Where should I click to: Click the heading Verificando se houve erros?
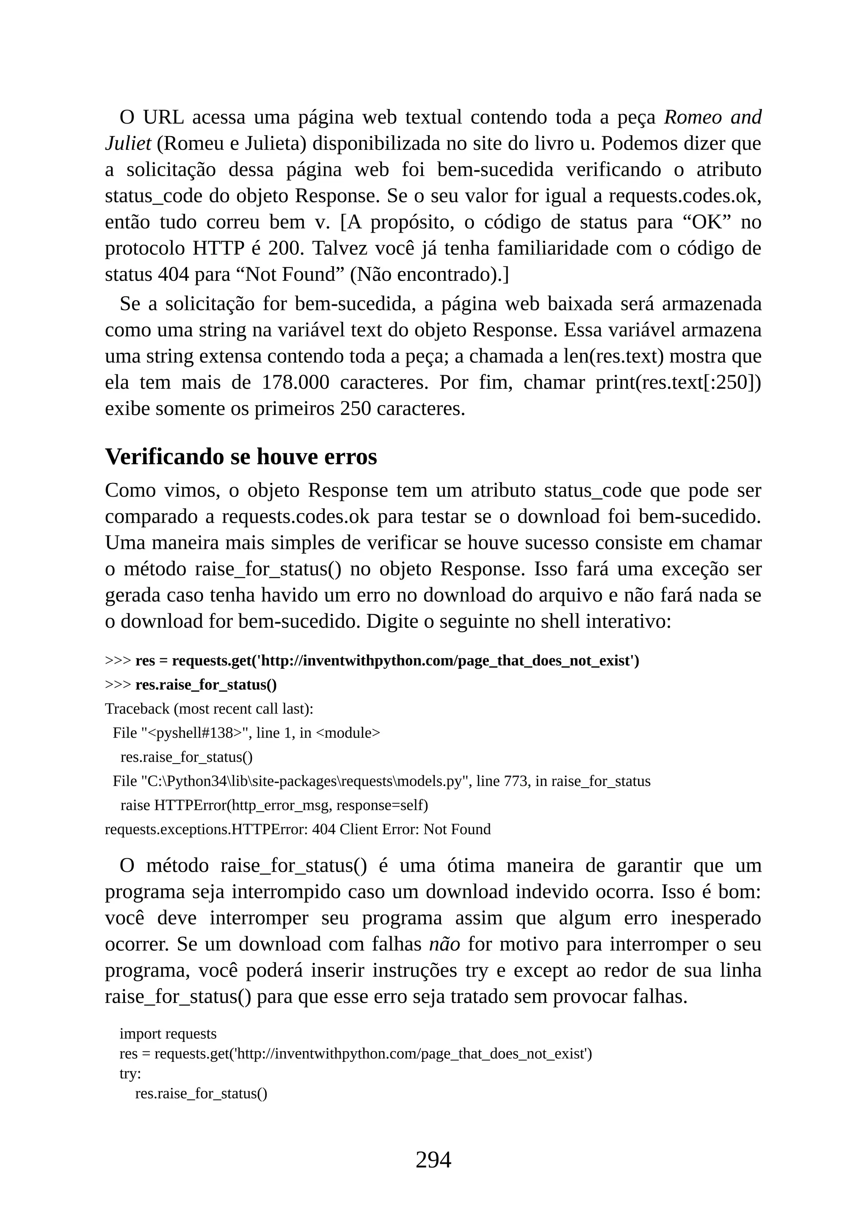click(x=241, y=457)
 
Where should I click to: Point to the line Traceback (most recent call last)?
click(x=209, y=709)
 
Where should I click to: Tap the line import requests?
click(x=168, y=1033)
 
